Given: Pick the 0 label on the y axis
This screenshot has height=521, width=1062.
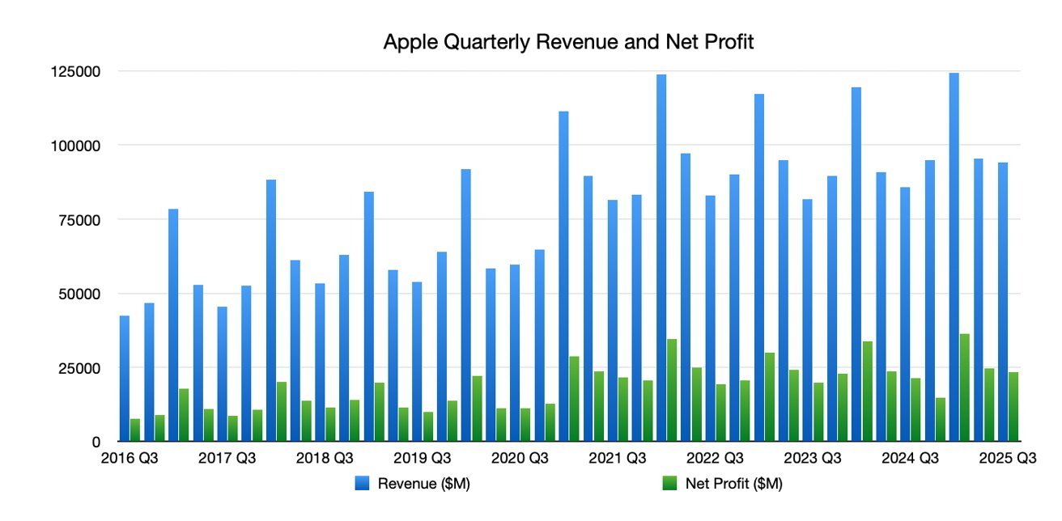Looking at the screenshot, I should pos(96,442).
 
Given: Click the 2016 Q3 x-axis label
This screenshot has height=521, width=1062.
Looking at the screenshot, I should pos(130,459).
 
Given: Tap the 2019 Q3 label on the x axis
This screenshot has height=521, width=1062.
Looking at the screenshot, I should pos(422,459).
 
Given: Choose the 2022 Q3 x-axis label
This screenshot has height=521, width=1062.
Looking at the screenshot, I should pos(715,459).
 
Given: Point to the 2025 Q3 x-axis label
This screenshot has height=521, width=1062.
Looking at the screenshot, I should pos(1007,459).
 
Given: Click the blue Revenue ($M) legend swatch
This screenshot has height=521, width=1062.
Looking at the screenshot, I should pos(363,484).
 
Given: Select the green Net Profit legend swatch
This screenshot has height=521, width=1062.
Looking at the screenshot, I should pos(670,484).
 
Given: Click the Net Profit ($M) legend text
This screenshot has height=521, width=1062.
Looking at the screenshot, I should pos(733,484).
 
